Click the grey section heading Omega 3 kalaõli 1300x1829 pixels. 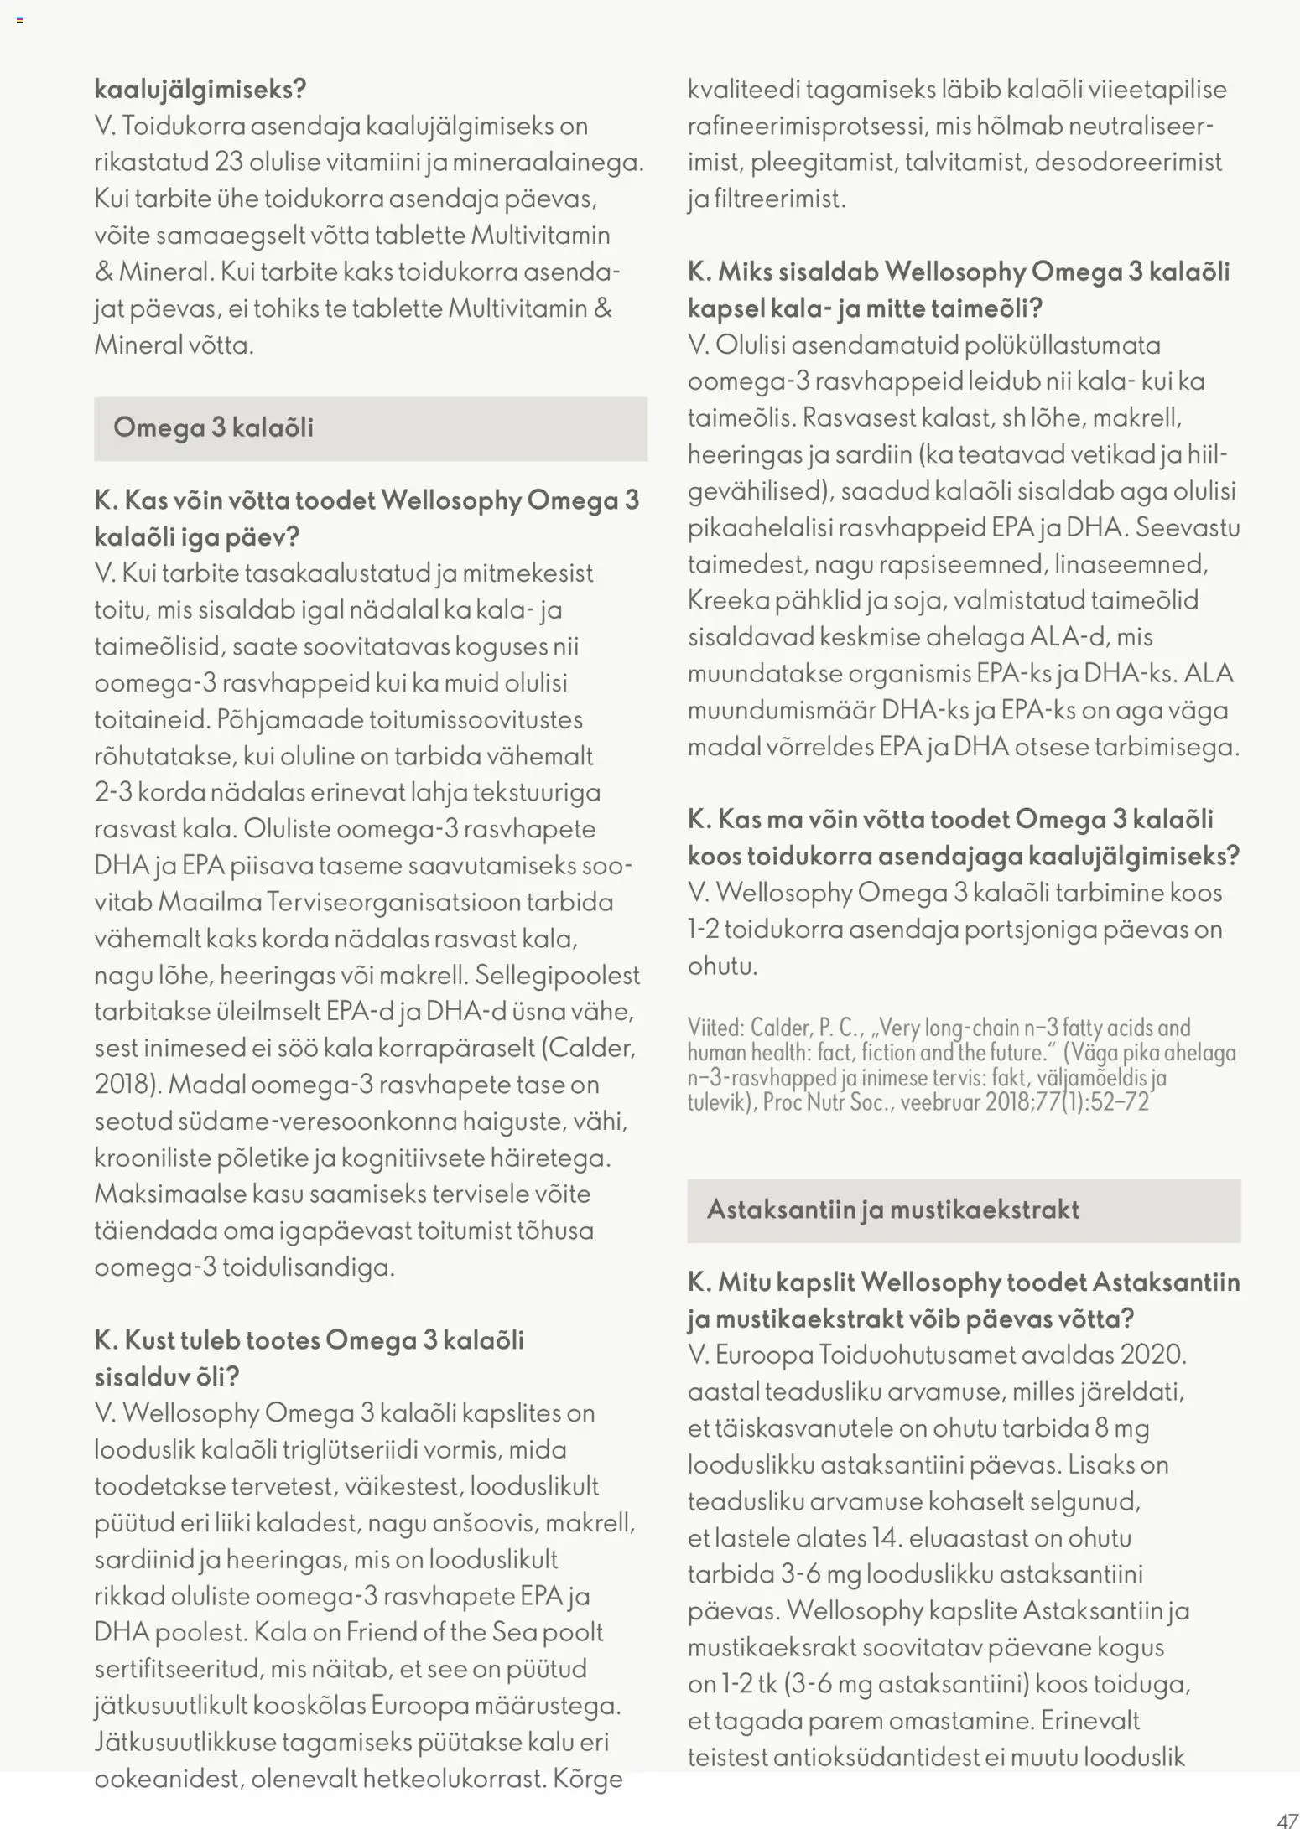click(x=213, y=427)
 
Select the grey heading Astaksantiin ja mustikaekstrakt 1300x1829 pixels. click(x=892, y=1210)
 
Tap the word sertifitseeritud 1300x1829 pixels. click(x=178, y=1669)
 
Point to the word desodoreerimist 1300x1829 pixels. click(x=1128, y=162)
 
